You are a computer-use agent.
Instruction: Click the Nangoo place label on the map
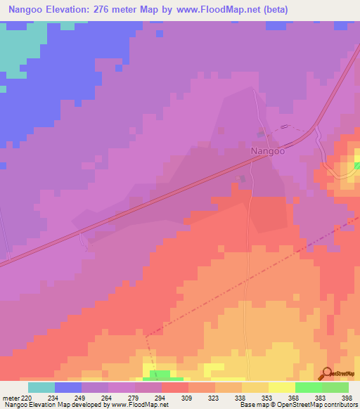(x=267, y=150)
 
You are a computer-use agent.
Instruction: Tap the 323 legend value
(x=216, y=398)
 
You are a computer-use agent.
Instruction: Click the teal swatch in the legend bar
(x=41, y=387)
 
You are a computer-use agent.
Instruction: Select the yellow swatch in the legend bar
(x=281, y=387)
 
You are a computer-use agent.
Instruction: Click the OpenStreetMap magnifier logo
(x=328, y=373)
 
